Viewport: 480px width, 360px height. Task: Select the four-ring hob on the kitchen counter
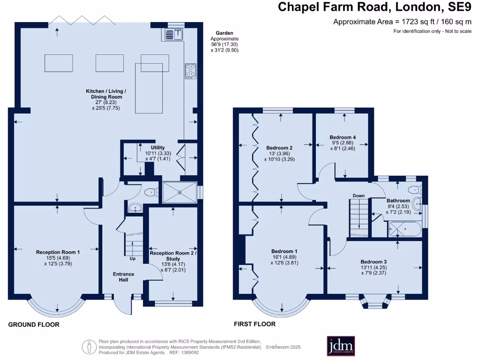[191, 71]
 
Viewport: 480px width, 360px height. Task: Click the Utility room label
[158, 148]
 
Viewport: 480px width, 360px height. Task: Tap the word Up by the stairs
[133, 258]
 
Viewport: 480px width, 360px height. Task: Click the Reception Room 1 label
[58, 252]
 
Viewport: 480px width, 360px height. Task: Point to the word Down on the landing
[359, 196]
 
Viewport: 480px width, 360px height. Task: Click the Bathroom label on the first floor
[398, 201]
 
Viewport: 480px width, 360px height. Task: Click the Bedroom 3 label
[374, 262]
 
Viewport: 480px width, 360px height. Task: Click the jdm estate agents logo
[341, 345]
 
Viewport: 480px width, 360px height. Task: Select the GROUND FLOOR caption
[34, 324]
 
